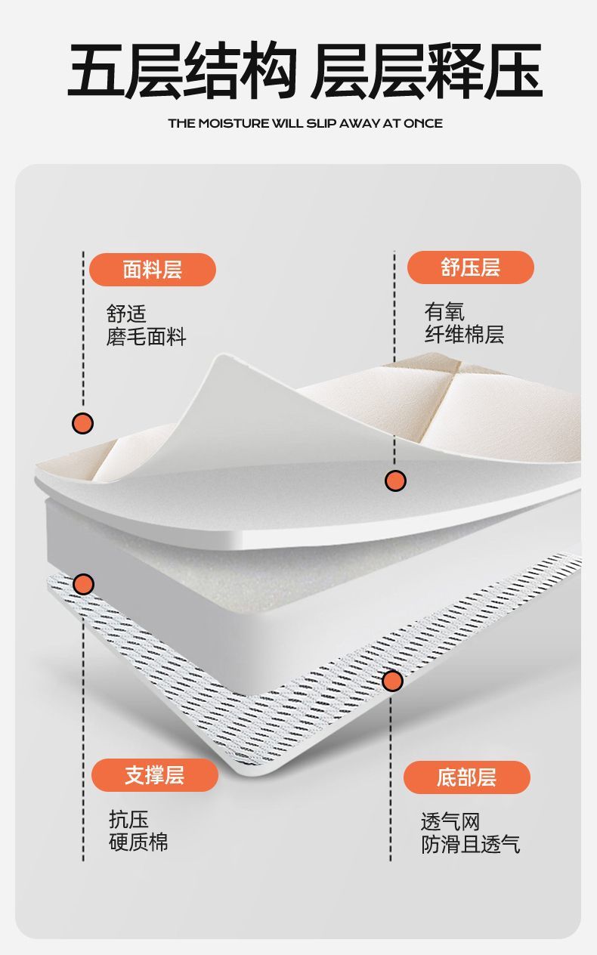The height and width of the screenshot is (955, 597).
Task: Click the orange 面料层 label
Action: click(x=153, y=270)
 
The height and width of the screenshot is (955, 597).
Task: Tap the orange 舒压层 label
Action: click(x=470, y=267)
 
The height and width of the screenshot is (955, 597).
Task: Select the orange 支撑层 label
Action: click(x=155, y=775)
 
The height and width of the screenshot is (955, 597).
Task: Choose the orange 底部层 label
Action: click(x=466, y=777)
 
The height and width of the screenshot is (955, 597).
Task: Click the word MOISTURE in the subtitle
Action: click(x=233, y=123)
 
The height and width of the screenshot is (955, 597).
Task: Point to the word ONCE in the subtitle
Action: click(x=423, y=123)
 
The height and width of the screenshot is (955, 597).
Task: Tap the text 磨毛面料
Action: click(x=146, y=337)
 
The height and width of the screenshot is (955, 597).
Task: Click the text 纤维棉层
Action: click(x=464, y=334)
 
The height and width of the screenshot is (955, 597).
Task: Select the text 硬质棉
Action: click(x=138, y=842)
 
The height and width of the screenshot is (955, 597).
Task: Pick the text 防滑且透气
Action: click(x=470, y=844)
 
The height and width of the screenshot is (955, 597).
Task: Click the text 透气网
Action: click(x=450, y=821)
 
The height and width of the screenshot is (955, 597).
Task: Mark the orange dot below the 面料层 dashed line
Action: click(x=83, y=423)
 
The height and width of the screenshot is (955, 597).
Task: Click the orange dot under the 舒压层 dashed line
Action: click(x=395, y=480)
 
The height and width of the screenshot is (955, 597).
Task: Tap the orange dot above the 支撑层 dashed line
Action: click(x=84, y=583)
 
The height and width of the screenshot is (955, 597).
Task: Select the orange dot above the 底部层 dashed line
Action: click(x=392, y=681)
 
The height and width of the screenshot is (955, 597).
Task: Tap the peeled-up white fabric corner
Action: click(x=219, y=408)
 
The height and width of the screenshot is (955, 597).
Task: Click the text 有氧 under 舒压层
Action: click(x=444, y=312)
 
